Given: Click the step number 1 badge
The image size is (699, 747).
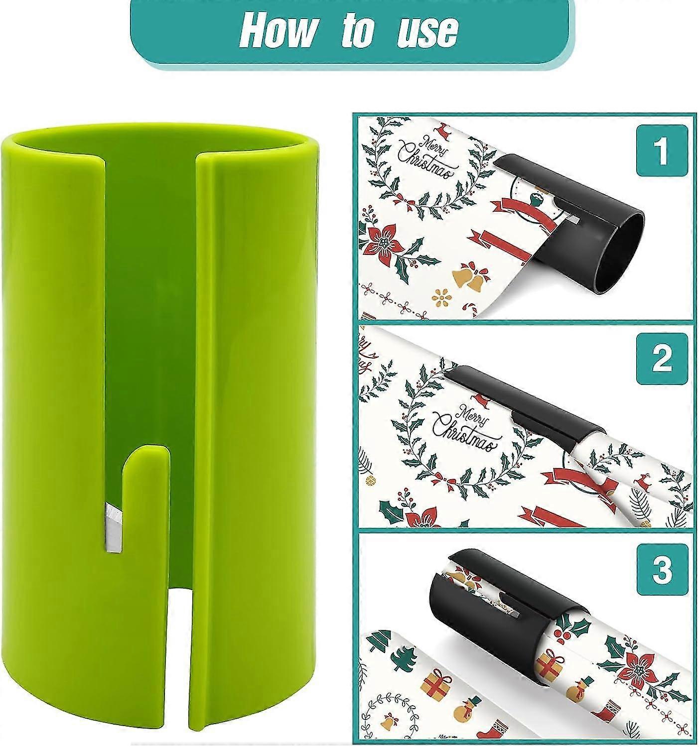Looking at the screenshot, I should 662,150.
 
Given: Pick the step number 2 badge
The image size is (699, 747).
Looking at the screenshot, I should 662,358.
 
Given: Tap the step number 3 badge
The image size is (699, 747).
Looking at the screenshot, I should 662,569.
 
